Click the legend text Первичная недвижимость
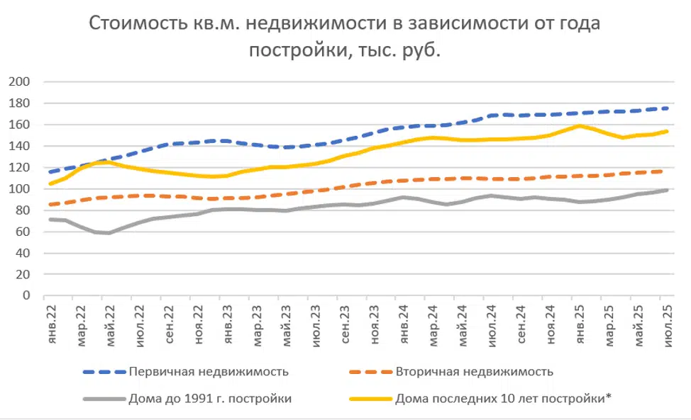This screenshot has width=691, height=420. tap(209, 372)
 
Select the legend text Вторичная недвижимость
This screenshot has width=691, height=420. tap(474, 372)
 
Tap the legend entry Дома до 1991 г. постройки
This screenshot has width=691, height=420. tap(210, 399)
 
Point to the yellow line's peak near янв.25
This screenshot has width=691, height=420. tap(580, 126)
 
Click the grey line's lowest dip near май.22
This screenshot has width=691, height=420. tap(109, 233)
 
